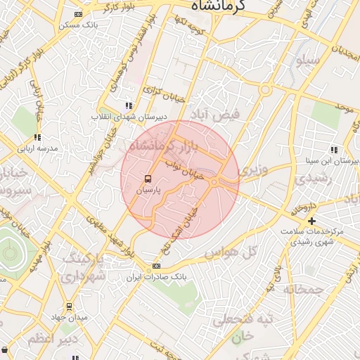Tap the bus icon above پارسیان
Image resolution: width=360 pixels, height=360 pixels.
pyautogui.click(x=148, y=179)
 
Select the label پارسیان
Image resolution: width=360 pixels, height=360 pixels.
pyautogui.click(x=148, y=190)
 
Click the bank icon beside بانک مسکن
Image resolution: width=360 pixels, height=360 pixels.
pyautogui.click(x=77, y=14)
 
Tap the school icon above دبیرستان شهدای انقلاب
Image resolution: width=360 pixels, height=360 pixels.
pyautogui.click(x=128, y=105)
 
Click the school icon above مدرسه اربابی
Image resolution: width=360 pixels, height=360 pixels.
pyautogui.click(x=37, y=138)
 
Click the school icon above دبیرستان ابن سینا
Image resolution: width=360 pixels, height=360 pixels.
pyautogui.click(x=333, y=150)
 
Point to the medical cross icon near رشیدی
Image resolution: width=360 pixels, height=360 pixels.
pyautogui.click(x=311, y=221)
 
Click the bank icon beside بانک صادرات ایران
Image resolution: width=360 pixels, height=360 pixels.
pyautogui.click(x=156, y=266)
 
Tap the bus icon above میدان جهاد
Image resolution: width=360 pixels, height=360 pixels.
pyautogui.click(x=69, y=307)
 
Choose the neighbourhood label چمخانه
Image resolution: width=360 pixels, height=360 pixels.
pyautogui.click(x=303, y=288)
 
